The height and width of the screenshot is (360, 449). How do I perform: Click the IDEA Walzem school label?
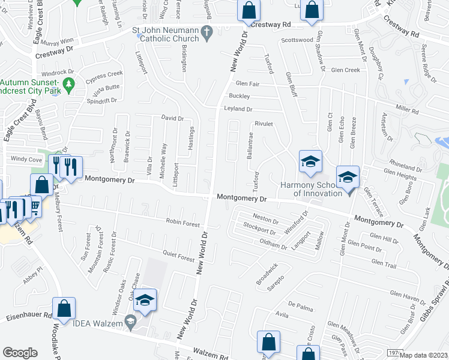[x=97, y=325]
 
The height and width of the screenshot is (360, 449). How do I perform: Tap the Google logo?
[x=20, y=353]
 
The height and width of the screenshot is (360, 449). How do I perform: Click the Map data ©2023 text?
[x=424, y=355]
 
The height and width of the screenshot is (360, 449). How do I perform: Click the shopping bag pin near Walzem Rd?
[x=268, y=343]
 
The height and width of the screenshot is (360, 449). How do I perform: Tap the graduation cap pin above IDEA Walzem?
[x=145, y=301]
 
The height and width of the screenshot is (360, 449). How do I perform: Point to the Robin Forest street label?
[x=183, y=223]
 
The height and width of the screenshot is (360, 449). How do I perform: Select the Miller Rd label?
[x=406, y=110]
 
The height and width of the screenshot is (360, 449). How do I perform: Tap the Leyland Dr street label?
[x=238, y=109]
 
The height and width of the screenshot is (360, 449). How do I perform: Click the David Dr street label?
[x=172, y=118]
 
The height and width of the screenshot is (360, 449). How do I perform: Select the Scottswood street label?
[x=298, y=40]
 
